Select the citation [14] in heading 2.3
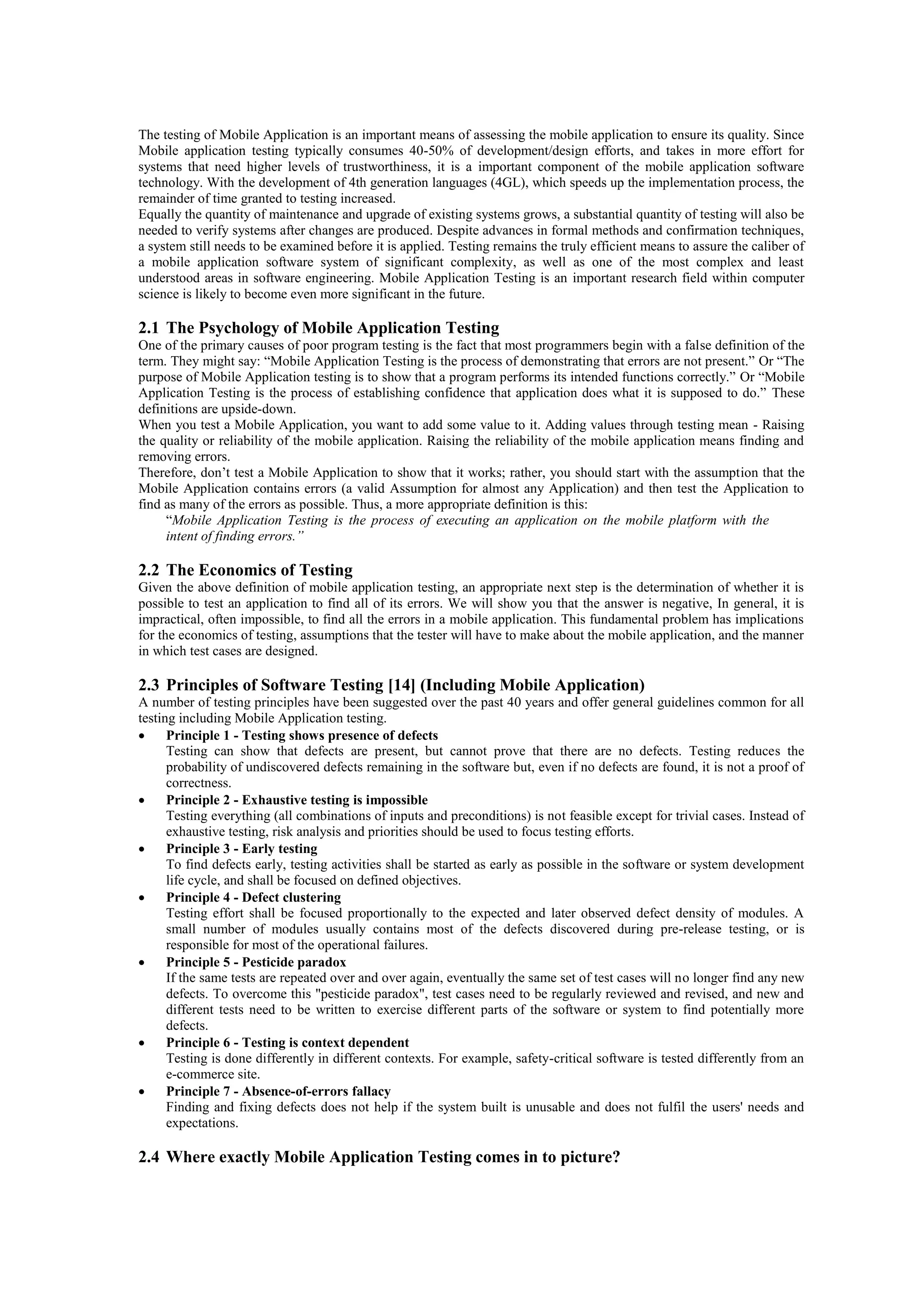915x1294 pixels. pyautogui.click(x=402, y=685)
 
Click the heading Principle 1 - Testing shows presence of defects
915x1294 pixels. pyautogui.click(x=302, y=735)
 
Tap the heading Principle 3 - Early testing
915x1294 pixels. pyautogui.click(x=241, y=849)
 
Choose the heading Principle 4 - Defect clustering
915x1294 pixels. pyautogui.click(x=253, y=897)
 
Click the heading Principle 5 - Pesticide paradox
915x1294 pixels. pyautogui.click(x=256, y=962)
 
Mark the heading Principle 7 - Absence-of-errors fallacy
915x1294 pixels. pyautogui.click(x=278, y=1092)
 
